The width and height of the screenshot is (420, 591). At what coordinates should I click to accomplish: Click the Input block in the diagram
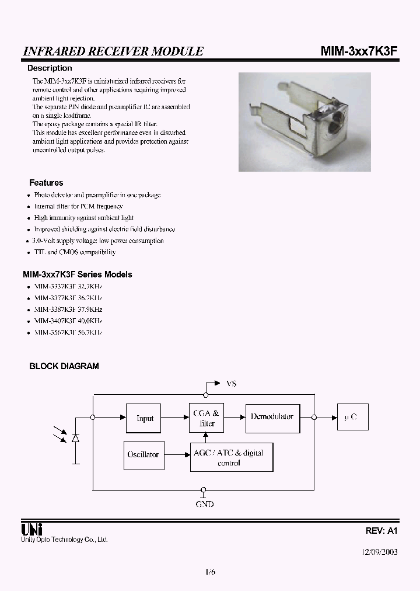tap(144, 418)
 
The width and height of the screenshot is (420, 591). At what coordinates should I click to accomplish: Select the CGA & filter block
tap(206, 418)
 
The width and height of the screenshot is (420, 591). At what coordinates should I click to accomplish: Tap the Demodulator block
tap(272, 417)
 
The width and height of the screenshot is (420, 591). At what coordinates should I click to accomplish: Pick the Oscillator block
tap(143, 454)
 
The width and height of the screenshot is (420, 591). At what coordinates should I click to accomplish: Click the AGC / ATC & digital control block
tap(232, 457)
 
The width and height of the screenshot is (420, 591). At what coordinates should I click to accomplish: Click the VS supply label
tap(231, 384)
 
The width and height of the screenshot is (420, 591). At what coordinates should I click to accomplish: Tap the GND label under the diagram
tap(204, 503)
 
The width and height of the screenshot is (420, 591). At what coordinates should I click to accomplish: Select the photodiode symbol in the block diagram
tap(75, 437)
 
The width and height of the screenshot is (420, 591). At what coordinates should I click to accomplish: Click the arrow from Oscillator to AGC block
tap(176, 454)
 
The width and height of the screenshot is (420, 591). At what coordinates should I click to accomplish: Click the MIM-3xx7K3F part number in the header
tap(359, 51)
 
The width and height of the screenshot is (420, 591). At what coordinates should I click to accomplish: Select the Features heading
tap(46, 183)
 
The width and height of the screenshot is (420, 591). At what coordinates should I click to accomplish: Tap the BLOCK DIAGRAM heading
tap(64, 366)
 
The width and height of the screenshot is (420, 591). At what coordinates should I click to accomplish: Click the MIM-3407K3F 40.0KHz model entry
tap(68, 321)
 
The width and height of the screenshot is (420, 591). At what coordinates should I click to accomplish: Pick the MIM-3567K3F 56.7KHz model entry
tap(68, 332)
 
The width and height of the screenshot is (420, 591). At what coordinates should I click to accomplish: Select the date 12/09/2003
tap(379, 551)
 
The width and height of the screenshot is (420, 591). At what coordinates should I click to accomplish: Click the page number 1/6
tap(210, 572)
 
